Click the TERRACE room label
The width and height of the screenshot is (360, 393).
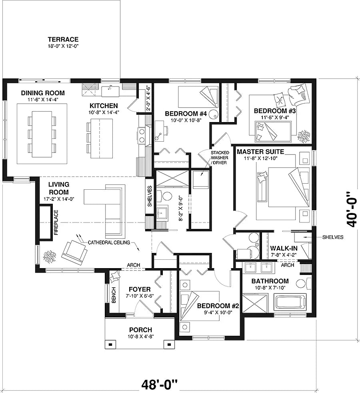[63, 39]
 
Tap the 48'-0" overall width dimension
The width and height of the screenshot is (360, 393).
[159, 385]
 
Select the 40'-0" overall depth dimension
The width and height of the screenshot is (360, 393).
[351, 208]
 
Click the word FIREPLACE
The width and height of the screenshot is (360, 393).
[56, 222]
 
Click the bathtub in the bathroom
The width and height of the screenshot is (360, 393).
[290, 301]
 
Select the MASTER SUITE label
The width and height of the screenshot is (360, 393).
[260, 152]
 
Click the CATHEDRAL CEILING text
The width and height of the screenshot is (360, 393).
[109, 242]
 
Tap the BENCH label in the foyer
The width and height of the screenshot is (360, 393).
[114, 295]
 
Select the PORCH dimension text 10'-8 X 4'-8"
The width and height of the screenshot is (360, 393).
[140, 337]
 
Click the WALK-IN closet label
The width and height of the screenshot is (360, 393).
[283, 248]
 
